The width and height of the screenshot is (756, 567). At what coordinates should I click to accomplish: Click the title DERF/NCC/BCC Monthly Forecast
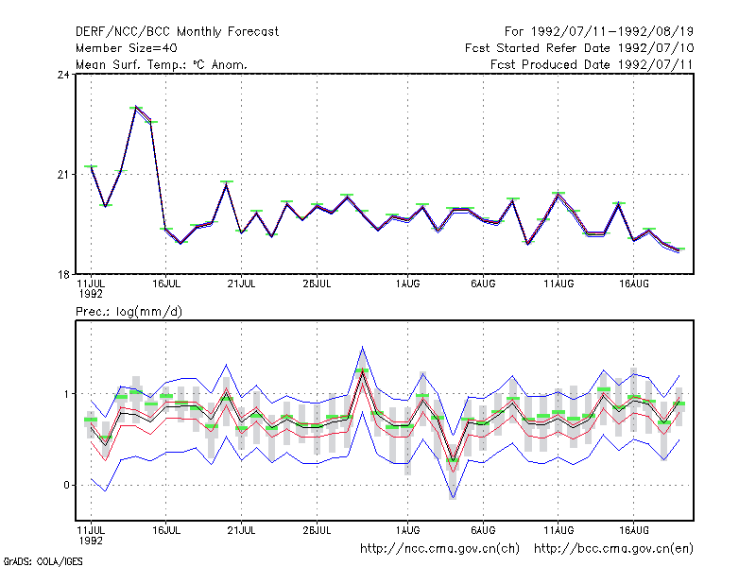point(177,32)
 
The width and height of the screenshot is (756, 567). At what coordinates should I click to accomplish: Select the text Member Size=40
point(127,48)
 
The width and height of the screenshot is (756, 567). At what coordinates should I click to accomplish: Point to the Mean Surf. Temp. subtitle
point(162,64)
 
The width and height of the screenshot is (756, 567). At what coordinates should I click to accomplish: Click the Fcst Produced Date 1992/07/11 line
point(592,64)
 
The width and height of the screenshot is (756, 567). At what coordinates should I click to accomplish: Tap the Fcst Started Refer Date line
point(579,48)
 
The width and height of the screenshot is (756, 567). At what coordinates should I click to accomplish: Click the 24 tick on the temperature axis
point(63,75)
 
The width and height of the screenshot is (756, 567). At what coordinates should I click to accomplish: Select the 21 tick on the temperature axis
point(63,175)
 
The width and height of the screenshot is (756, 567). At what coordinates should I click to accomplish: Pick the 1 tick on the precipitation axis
point(66,394)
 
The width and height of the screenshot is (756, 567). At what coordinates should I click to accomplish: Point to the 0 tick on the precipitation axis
point(66,485)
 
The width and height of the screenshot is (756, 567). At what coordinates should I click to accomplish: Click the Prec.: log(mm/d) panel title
point(129,312)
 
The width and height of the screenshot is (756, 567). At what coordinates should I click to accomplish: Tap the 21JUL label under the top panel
point(241,284)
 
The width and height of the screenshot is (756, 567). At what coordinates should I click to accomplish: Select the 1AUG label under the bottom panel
point(407,530)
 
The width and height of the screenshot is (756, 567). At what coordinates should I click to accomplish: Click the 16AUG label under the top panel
point(633,284)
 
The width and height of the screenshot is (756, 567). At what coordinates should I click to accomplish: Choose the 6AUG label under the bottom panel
point(483,530)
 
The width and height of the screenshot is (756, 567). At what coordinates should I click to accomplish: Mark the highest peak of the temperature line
point(136,107)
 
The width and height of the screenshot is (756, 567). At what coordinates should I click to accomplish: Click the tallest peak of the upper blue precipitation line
point(362,347)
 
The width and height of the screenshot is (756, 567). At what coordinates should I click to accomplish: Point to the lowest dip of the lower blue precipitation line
point(453,498)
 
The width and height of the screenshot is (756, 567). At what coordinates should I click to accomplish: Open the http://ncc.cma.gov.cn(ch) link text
point(439,549)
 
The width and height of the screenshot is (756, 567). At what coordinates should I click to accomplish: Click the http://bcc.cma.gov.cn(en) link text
point(613,549)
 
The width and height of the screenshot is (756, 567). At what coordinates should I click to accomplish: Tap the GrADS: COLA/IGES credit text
point(43,561)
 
